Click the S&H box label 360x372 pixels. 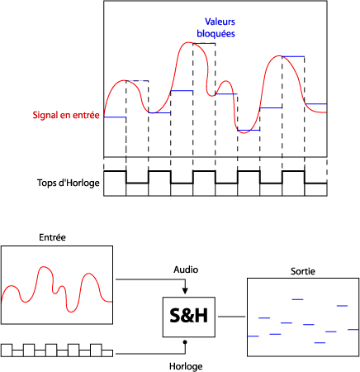[189, 316]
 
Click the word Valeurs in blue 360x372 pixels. [220, 21]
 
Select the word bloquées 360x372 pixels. [216, 34]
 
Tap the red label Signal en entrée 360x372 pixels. [66, 115]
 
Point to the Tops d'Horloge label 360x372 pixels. [69, 183]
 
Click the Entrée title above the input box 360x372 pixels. [52, 237]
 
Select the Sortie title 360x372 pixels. [303, 271]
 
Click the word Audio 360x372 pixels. [186, 269]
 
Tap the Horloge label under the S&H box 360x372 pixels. [186, 366]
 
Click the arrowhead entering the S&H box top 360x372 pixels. [185, 291]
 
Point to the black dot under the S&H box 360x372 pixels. [185, 342]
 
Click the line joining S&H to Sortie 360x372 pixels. [231, 317]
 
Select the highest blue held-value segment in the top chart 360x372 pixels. [204, 43]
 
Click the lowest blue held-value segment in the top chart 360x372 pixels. [249, 130]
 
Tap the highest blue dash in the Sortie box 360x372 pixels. [297, 299]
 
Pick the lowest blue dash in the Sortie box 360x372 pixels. [320, 342]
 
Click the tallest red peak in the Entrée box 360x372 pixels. [43, 267]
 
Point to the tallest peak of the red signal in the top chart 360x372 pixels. [188, 42]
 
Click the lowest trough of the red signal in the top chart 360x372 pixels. [244, 133]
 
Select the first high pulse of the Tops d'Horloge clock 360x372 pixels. [115, 171]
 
